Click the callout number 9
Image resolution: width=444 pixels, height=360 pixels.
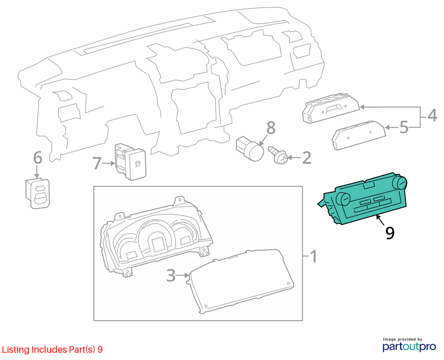[x=390, y=233]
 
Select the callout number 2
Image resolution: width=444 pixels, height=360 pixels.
[x=307, y=157]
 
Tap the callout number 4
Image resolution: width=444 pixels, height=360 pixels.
[x=432, y=115]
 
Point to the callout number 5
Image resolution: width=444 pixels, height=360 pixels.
[x=404, y=128]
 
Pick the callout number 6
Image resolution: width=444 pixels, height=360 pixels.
[x=38, y=157]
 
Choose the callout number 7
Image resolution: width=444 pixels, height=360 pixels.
[x=97, y=164]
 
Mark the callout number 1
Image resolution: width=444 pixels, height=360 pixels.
[x=313, y=257]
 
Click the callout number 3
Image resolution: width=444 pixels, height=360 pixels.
[x=171, y=275]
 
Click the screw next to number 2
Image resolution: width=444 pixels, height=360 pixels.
[x=278, y=155]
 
